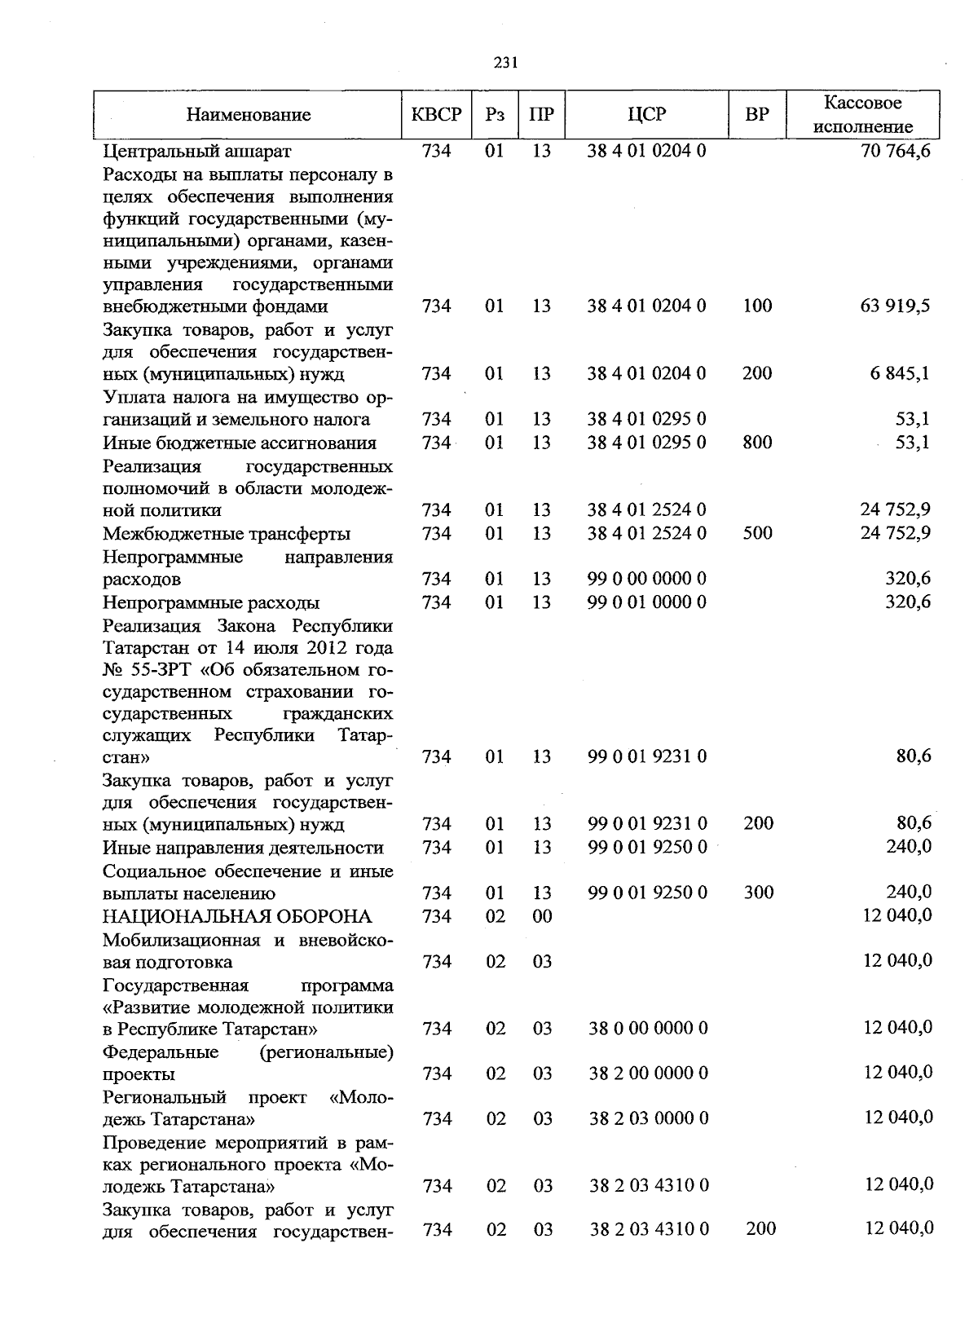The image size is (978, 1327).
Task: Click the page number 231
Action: coord(505,64)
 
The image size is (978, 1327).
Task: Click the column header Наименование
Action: coord(249,115)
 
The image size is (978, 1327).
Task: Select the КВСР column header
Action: coord(437,115)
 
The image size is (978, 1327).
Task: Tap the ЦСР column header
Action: coord(647,115)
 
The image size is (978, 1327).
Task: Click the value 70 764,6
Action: coord(895,152)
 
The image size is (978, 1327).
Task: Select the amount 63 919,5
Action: coord(895,306)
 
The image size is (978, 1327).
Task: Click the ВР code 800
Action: coord(758,443)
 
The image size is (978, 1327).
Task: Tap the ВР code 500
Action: coord(758,533)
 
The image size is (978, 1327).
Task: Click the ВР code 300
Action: coord(759,893)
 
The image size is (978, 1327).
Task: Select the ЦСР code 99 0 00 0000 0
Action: coord(647,579)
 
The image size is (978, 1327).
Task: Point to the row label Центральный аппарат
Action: coord(197,152)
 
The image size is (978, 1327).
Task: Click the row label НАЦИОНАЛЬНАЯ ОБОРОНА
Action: coord(237,916)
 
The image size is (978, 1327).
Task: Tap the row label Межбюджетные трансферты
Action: coord(227,534)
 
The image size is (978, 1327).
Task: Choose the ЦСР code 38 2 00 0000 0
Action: coord(649,1074)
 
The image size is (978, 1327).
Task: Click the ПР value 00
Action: coord(542,916)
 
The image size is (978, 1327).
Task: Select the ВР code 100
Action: coord(758,306)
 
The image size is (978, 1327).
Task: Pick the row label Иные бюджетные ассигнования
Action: coord(240,443)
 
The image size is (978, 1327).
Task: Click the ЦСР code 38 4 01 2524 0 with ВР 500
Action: coord(647,533)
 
